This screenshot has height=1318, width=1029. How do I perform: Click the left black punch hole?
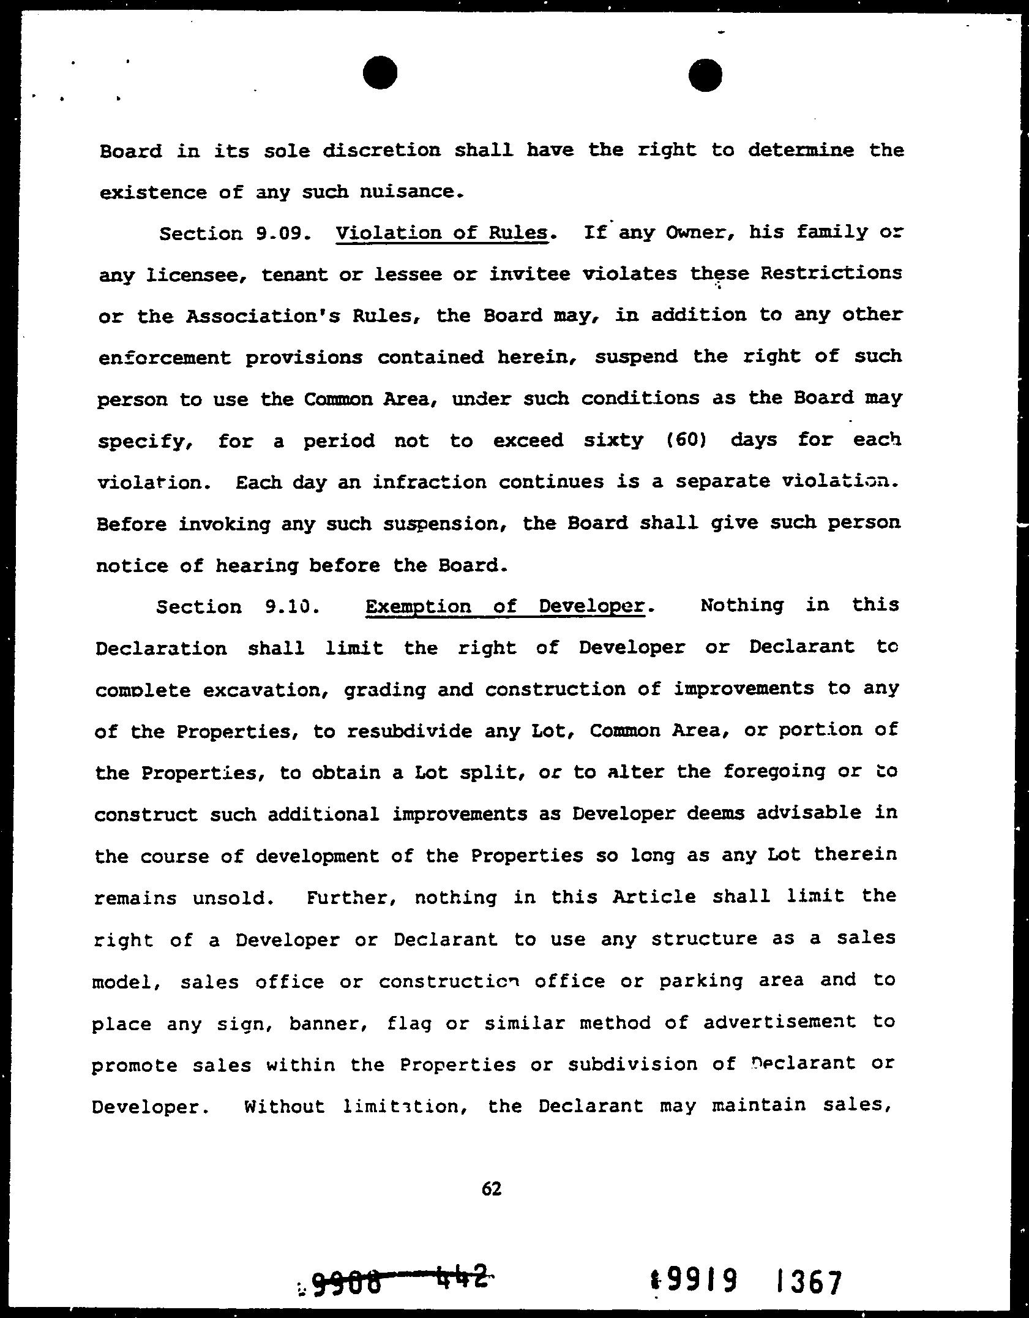[380, 72]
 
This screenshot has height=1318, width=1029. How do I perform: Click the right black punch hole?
[705, 75]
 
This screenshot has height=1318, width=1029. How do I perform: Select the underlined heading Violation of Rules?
[442, 233]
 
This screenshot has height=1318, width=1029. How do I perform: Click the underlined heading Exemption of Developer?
[505, 606]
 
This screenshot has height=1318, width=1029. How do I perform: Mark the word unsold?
[230, 898]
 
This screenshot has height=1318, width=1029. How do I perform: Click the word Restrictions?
[831, 273]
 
